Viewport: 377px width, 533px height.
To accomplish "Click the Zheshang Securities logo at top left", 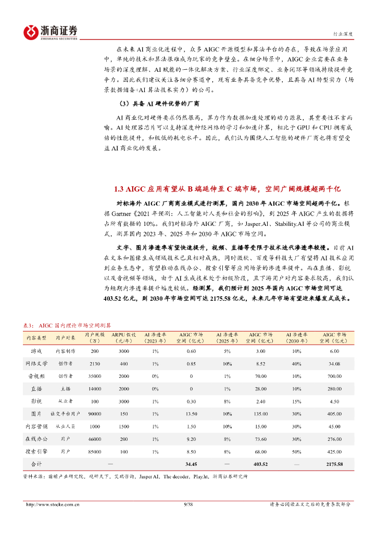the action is (x=50, y=32).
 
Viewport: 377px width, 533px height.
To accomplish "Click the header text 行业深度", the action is (x=343, y=34).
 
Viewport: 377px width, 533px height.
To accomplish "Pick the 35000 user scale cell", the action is (x=95, y=376).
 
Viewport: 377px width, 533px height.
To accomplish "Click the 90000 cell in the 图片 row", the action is (x=95, y=414).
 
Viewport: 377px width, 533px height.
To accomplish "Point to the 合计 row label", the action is (x=36, y=464).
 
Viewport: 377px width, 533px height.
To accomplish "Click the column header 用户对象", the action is (x=65, y=338).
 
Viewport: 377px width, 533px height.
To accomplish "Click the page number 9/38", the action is (x=188, y=504).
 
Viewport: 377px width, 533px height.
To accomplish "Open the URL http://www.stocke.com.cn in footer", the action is (x=53, y=504).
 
